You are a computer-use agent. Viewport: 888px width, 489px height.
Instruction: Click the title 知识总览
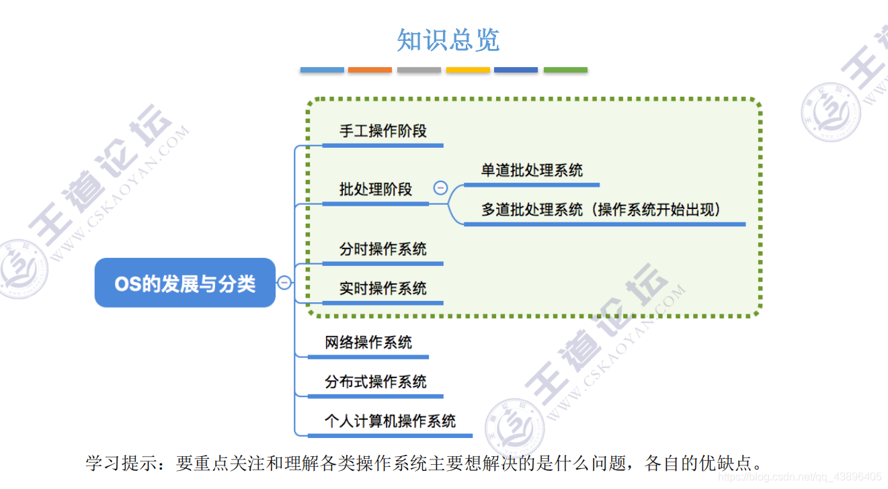[x=448, y=40]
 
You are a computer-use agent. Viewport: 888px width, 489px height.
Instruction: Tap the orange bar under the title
[x=370, y=70]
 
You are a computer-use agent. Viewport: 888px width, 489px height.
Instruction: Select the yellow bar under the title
[x=468, y=70]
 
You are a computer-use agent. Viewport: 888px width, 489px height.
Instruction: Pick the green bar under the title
[x=565, y=70]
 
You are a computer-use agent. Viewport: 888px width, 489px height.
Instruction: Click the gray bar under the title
[x=419, y=70]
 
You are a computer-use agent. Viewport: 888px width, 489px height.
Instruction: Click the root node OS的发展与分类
[x=185, y=283]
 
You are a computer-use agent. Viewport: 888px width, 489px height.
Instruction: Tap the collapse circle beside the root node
[x=284, y=283]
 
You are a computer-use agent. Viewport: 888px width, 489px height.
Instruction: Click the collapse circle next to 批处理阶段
[x=440, y=188]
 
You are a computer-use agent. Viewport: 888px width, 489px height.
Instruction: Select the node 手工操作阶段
[x=382, y=131]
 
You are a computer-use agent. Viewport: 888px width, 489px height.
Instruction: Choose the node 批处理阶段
[x=375, y=189]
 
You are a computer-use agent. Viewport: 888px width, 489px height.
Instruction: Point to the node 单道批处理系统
[x=532, y=171]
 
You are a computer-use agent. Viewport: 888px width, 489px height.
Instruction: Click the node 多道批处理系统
[x=532, y=210]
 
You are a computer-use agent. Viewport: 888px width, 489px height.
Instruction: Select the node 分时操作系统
[x=382, y=249]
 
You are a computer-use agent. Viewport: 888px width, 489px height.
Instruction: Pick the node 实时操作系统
[x=382, y=289]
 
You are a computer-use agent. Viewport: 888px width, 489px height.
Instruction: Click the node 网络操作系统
[x=368, y=343]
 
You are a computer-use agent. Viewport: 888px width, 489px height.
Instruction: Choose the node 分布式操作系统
[x=375, y=382]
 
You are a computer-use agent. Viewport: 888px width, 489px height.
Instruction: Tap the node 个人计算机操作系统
[x=390, y=421]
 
